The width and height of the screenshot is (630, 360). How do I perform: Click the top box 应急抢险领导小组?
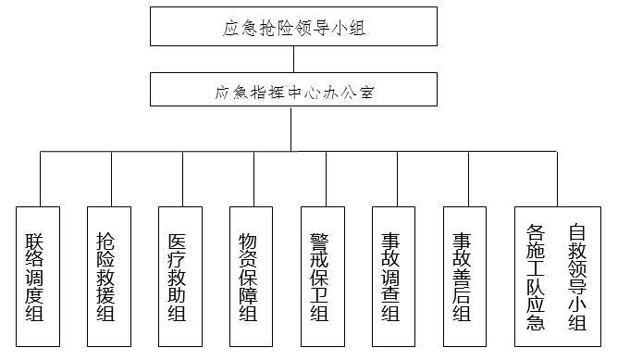[294, 27]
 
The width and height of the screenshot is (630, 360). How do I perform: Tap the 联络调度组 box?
[38, 276]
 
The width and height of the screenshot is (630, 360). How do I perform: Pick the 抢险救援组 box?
[109, 276]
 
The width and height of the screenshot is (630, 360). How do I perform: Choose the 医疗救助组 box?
[180, 276]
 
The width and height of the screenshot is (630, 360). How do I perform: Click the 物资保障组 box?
[252, 276]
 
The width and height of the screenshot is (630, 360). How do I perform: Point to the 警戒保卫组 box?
[323, 276]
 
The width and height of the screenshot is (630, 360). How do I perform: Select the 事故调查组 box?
[394, 276]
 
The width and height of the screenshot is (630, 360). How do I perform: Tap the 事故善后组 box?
[465, 276]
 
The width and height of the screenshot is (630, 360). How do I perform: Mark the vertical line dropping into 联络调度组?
[40, 179]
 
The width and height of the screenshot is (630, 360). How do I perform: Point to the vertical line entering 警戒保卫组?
[327, 179]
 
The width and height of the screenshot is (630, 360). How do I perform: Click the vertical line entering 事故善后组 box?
[469, 179]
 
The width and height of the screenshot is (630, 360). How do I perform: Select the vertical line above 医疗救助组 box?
[183, 179]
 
